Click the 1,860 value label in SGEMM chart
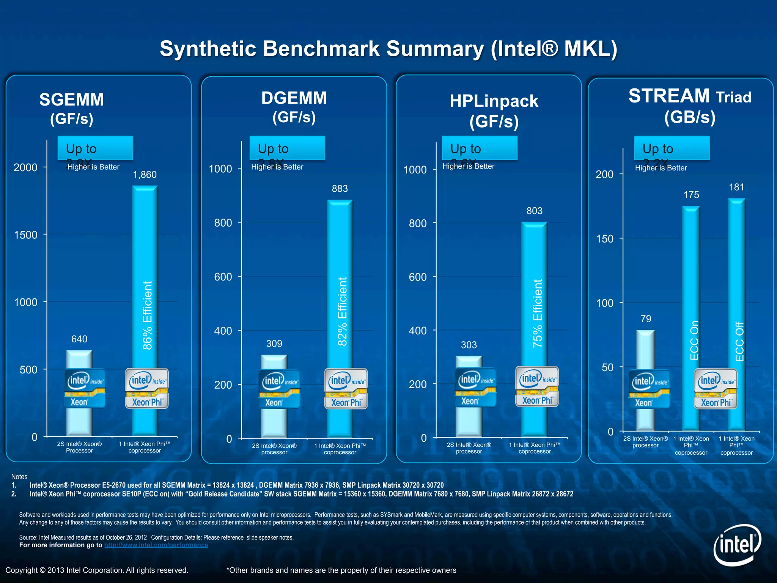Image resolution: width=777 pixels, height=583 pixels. (x=145, y=175)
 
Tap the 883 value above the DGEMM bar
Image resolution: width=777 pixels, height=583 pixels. (x=340, y=189)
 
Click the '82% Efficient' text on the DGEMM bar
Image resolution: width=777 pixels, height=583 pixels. (x=342, y=311)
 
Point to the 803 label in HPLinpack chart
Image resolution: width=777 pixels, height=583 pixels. (x=534, y=211)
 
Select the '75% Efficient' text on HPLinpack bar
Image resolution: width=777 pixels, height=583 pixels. (x=537, y=314)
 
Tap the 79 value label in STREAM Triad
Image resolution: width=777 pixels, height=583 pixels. (x=646, y=319)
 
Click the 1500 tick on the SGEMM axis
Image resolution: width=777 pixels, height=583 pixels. (x=26, y=235)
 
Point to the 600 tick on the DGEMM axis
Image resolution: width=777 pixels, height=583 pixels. (x=223, y=277)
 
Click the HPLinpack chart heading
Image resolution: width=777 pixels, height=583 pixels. (x=494, y=111)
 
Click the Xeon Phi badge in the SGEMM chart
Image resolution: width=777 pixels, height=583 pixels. (x=147, y=388)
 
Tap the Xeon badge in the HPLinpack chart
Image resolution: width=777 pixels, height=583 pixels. (x=475, y=387)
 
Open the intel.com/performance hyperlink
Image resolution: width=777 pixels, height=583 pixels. (x=156, y=545)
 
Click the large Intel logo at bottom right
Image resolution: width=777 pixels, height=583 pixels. (x=737, y=545)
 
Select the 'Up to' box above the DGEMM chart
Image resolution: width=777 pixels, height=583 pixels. (x=287, y=148)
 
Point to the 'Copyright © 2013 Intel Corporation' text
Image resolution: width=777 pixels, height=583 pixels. (x=97, y=570)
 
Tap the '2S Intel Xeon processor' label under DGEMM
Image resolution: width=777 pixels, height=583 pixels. (x=274, y=449)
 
